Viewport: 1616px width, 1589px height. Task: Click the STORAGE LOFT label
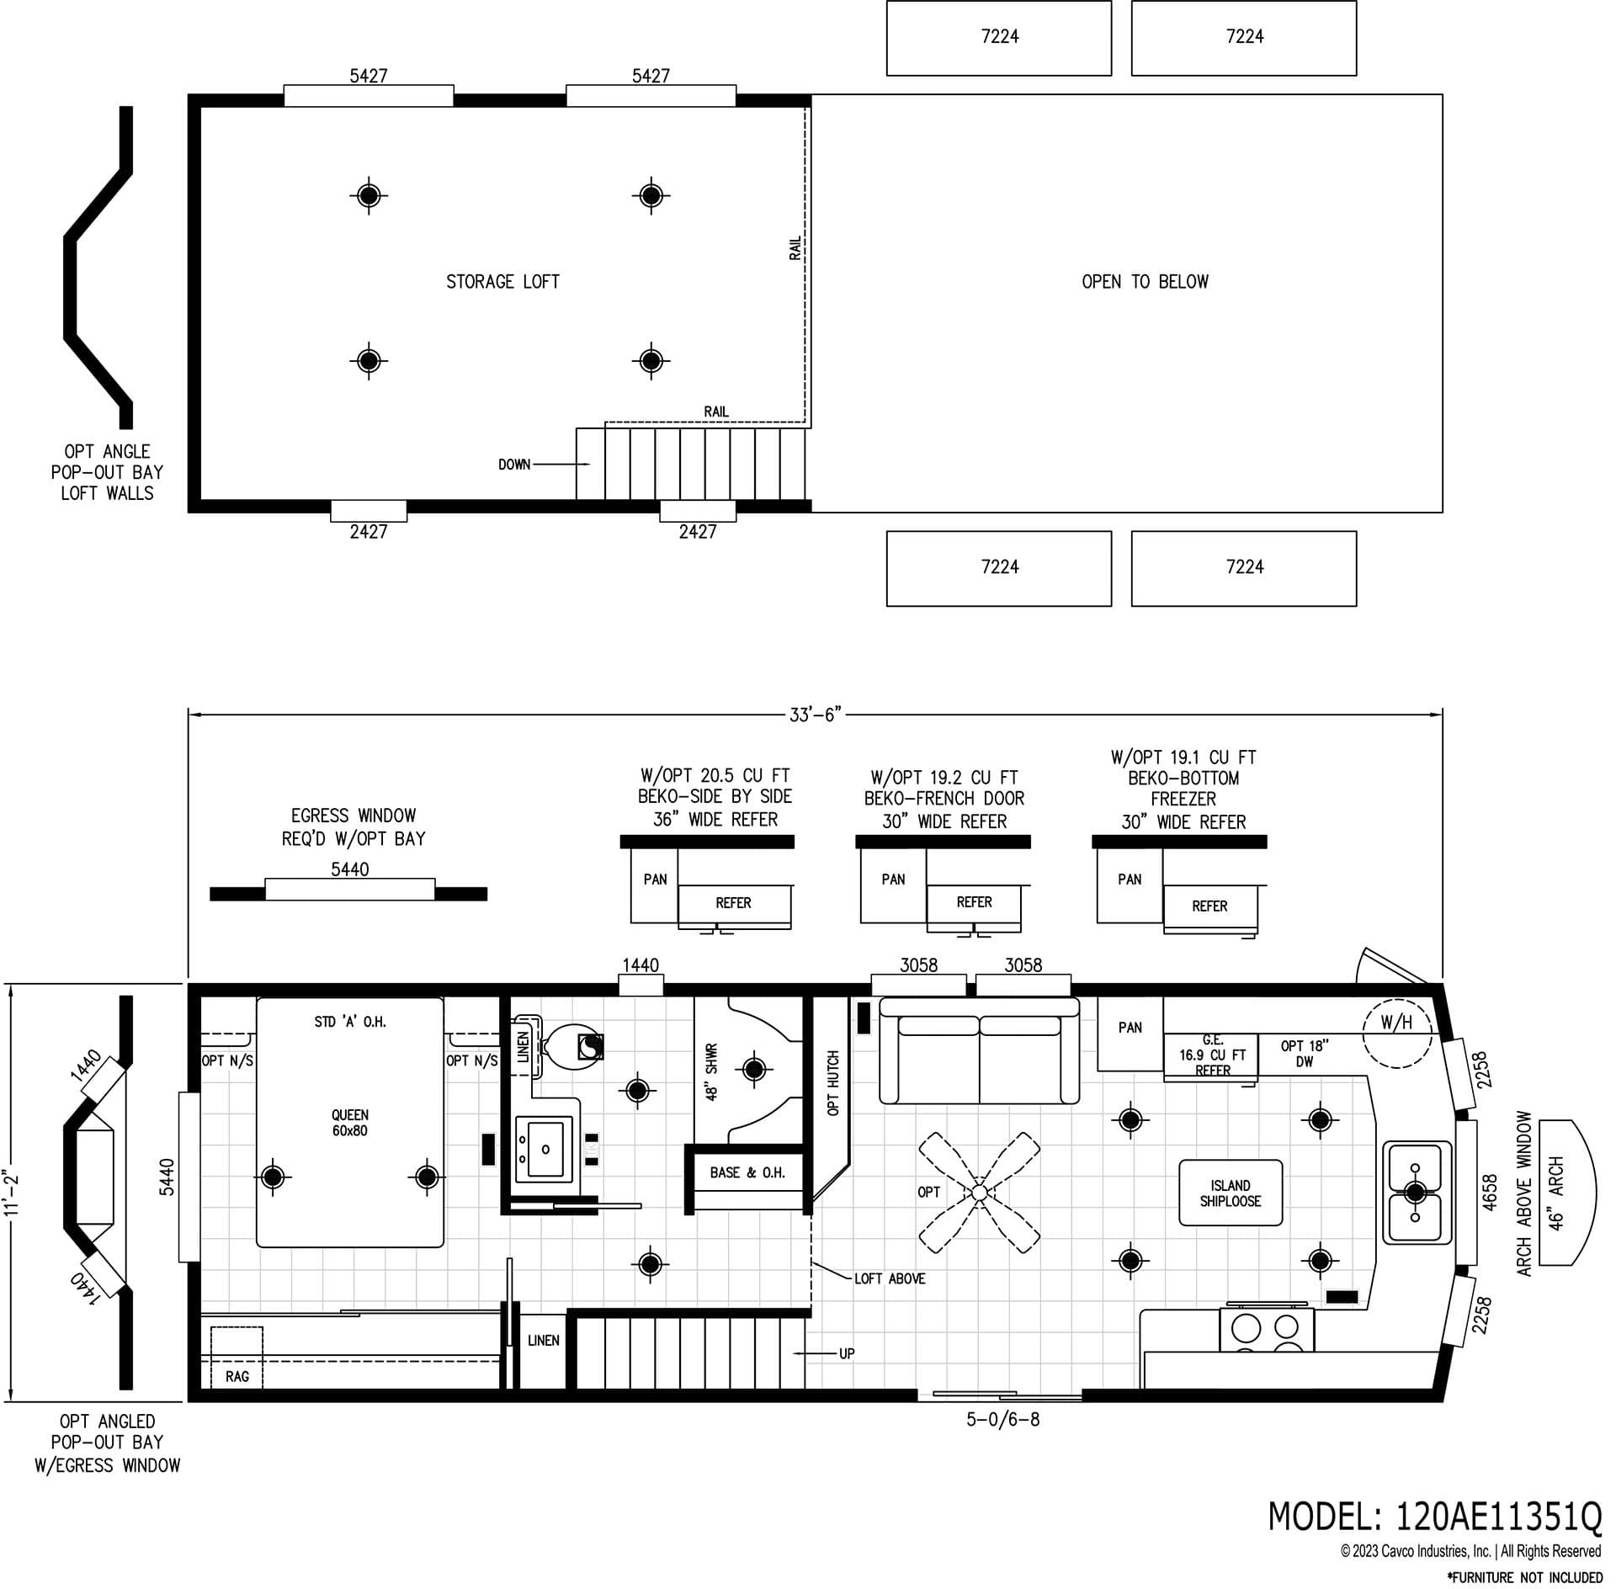click(x=502, y=282)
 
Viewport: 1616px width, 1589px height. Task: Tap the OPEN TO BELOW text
click(x=1144, y=282)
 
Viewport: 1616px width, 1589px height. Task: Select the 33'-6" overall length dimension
click(x=815, y=715)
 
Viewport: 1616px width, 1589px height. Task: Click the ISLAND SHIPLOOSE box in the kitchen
click(x=1230, y=1193)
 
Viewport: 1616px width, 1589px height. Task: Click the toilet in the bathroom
click(x=572, y=1046)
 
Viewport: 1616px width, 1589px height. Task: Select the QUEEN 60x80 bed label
click(x=349, y=1123)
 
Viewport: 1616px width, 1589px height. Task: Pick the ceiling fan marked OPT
click(x=978, y=1193)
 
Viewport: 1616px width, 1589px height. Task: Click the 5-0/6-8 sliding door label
click(x=1002, y=1420)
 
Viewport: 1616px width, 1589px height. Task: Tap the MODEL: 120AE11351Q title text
click(x=1434, y=1517)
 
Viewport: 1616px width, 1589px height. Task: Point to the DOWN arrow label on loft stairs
click(x=514, y=465)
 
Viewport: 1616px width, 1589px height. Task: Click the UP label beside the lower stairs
click(x=846, y=1353)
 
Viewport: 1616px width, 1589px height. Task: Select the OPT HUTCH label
click(x=833, y=1082)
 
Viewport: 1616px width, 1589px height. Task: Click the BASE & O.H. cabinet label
click(x=747, y=1172)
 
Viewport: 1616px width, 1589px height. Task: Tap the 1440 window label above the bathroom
click(x=641, y=965)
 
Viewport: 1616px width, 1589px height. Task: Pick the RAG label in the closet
click(x=237, y=1376)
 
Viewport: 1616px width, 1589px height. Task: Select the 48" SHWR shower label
click(x=712, y=1072)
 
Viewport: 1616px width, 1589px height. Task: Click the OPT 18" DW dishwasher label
click(x=1304, y=1054)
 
